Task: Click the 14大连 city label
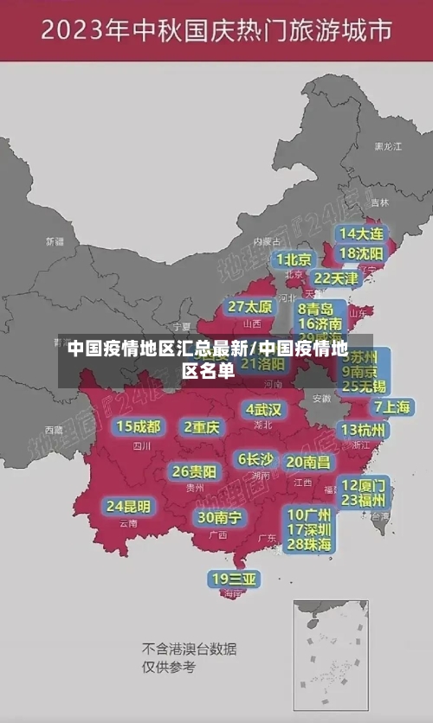(x=361, y=234)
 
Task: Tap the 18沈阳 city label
(x=361, y=253)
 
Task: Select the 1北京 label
(x=294, y=259)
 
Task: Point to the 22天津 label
(x=335, y=278)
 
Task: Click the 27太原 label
(x=250, y=306)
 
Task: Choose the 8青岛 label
(x=315, y=309)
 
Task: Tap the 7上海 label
(x=391, y=406)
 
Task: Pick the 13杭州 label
(x=364, y=430)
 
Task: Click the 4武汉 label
(x=263, y=409)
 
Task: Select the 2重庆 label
(x=202, y=426)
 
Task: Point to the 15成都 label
(x=139, y=426)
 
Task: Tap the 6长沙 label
(x=255, y=458)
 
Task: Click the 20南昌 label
(x=308, y=462)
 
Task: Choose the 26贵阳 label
(x=194, y=471)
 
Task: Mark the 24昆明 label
(x=128, y=506)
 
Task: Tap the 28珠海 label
(x=309, y=544)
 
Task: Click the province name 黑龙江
(x=387, y=147)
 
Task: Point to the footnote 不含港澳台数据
(x=190, y=649)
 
